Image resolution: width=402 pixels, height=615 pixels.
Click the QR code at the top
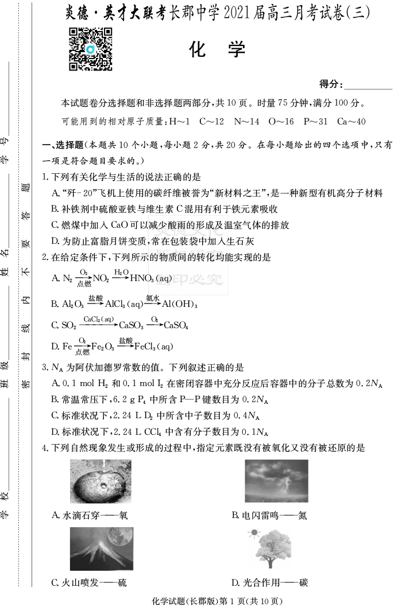[x=90, y=49]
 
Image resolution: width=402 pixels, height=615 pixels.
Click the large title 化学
[x=217, y=50]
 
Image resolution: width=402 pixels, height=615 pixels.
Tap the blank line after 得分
[x=368, y=85]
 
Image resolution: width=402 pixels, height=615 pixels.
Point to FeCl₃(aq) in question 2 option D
[x=153, y=347]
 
